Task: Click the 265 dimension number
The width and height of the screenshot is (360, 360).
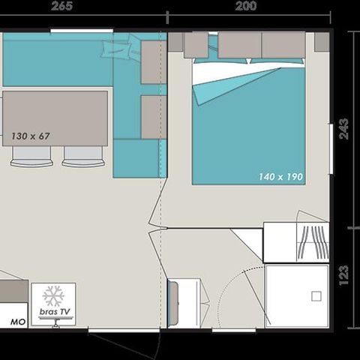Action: [61, 6]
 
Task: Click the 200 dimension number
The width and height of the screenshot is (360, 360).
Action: [246, 6]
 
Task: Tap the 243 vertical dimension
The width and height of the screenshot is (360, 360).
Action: [343, 128]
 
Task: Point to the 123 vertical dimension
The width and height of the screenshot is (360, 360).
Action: [344, 275]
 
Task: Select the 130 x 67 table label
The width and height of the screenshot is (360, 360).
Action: [31, 136]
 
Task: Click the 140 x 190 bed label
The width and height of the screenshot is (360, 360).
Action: [280, 177]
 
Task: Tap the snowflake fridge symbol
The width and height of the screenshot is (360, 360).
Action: [53, 296]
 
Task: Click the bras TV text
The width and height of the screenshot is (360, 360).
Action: [55, 312]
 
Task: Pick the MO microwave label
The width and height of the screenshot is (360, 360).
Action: [18, 322]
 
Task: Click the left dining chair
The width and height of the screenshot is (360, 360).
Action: [31, 157]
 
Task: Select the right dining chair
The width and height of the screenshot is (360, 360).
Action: [83, 157]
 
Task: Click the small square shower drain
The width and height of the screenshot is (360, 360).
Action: [316, 296]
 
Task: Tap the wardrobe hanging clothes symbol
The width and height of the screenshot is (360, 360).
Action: [313, 242]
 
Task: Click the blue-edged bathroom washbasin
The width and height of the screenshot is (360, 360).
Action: [173, 303]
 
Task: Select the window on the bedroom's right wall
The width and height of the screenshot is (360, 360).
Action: [331, 148]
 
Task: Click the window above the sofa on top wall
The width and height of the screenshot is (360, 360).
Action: [82, 31]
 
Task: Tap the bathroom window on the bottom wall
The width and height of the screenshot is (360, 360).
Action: [234, 331]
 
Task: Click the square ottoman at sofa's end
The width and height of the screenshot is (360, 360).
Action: [136, 158]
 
